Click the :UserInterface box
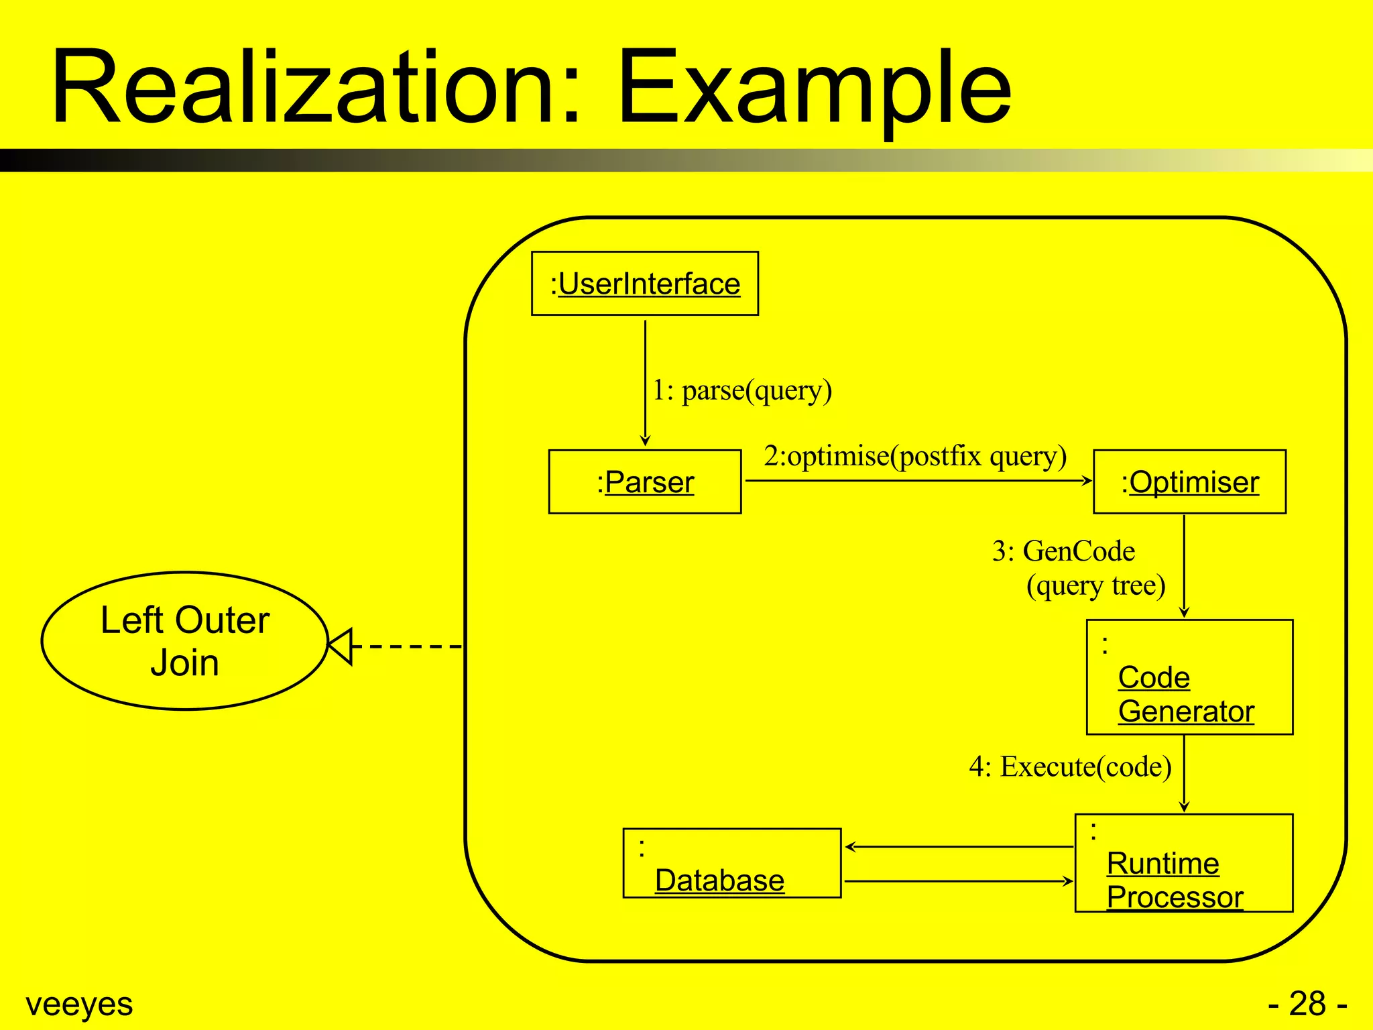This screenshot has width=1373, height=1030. [x=644, y=283]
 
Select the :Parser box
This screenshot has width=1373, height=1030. [x=644, y=481]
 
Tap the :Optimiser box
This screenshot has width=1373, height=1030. [x=1189, y=481]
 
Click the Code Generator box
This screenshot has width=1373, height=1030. [x=1189, y=677]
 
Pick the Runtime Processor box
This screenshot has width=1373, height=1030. [x=1183, y=863]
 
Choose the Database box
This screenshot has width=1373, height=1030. [x=731, y=863]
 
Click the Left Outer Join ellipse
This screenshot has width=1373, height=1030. [x=185, y=640]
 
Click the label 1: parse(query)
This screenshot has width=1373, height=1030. [x=742, y=390]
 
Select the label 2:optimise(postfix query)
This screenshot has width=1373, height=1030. [x=914, y=456]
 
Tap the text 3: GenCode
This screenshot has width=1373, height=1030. [x=1063, y=551]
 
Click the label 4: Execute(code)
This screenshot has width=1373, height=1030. [x=1070, y=766]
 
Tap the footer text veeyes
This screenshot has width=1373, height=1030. [x=79, y=1004]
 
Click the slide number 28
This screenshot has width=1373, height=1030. [x=1307, y=1004]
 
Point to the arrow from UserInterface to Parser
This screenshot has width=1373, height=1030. [x=645, y=382]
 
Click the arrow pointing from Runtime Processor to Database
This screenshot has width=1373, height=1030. [x=959, y=847]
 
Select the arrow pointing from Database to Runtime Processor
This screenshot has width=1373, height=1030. [x=959, y=881]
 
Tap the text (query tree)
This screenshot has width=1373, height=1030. [x=1095, y=585]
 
